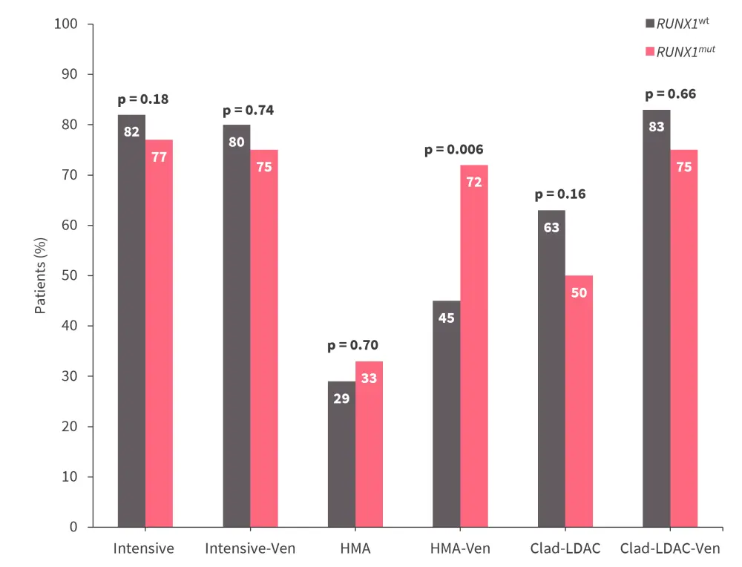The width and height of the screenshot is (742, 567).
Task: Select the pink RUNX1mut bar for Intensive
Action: [159, 333]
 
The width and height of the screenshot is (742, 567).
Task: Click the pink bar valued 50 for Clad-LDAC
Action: [579, 401]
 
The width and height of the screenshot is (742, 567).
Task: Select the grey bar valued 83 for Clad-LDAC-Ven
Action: [657, 318]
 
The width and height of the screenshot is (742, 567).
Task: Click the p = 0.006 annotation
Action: [454, 150]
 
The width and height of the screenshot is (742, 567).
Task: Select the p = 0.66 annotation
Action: [670, 94]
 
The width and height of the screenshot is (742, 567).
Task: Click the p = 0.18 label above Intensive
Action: [144, 99]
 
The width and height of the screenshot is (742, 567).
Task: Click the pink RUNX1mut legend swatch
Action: [650, 52]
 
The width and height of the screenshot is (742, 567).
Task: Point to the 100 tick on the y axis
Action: [66, 24]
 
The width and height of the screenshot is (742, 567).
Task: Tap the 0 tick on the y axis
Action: [73, 527]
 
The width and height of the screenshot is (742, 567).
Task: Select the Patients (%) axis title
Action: [41, 275]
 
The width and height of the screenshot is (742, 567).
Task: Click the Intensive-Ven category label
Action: [250, 549]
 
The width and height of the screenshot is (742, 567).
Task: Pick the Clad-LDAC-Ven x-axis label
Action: [670, 549]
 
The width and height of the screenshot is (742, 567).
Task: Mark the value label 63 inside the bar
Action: [551, 228]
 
